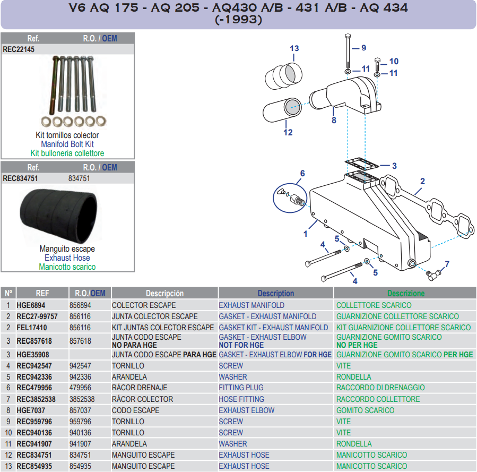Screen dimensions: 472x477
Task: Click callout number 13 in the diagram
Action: point(294,48)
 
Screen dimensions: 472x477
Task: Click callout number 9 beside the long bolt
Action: point(363,48)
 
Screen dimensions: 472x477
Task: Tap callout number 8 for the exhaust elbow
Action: point(334,121)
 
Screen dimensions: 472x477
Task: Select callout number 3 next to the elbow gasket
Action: point(394,166)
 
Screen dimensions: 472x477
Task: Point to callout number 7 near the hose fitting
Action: point(447,264)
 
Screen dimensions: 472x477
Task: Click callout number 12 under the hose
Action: point(288,132)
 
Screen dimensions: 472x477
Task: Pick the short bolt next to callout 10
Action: point(377,65)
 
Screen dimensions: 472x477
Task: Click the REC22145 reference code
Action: point(19,49)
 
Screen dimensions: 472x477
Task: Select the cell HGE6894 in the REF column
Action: point(31,305)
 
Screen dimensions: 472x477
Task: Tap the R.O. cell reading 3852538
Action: point(82,399)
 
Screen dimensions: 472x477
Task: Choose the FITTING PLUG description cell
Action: point(241,388)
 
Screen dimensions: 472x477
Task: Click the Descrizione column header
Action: point(405,293)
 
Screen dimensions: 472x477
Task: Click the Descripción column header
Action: point(164,293)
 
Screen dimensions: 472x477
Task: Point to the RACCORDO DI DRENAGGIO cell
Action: point(380,388)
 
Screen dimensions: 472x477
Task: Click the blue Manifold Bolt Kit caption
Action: point(67,144)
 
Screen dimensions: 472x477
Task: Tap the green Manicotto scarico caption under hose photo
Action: point(67,267)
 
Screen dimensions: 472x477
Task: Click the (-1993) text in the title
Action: point(238,20)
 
